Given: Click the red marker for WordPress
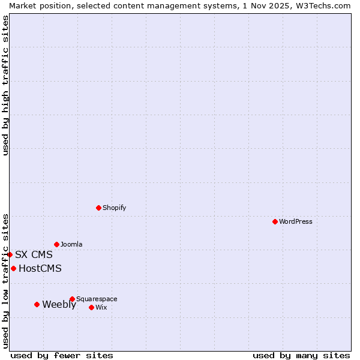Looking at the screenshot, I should point(275,221).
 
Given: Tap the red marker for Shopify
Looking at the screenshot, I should point(98,208).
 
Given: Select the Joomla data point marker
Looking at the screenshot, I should point(56,244).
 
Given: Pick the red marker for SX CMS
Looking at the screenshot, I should point(10,254).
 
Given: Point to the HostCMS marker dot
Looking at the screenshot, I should point(13,268).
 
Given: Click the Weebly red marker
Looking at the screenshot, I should point(37,304).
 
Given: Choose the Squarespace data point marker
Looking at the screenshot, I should point(72,299).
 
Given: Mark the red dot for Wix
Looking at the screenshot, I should point(91,307).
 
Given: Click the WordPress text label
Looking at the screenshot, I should point(296,221).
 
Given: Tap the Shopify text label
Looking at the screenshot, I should point(115,208).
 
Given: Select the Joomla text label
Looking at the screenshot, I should point(71,244).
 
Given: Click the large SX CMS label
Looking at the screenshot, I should point(34,254).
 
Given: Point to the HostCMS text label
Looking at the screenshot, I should point(40,268).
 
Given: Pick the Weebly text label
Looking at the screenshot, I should point(59,304).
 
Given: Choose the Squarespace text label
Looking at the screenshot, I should point(97,299).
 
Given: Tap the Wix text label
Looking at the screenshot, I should point(101,307).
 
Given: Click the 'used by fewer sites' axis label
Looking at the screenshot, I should point(62,355).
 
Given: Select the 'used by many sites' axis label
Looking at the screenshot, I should point(301,355).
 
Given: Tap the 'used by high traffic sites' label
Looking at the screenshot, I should point(5,85).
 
